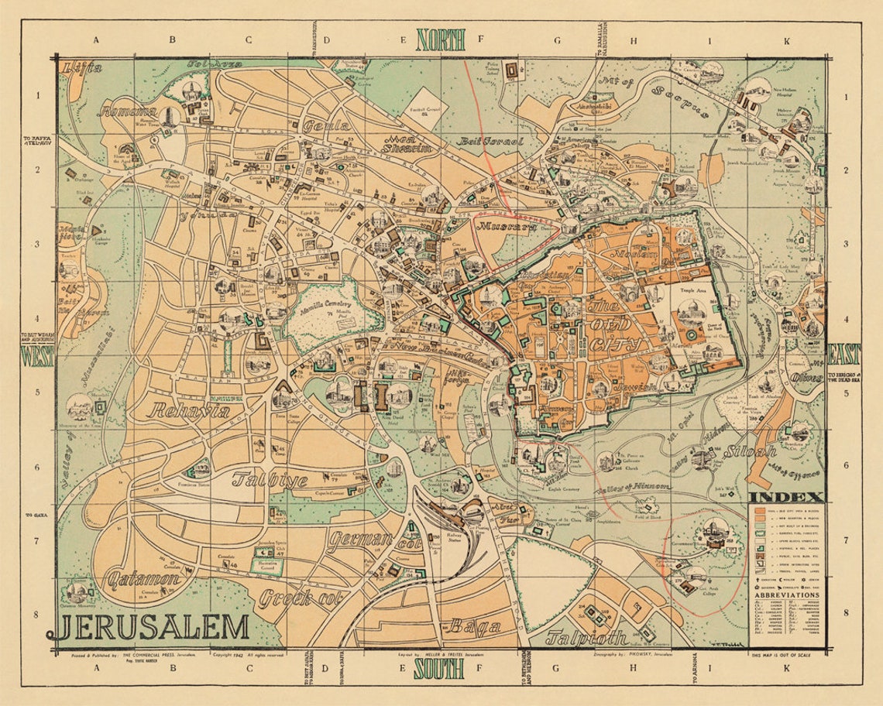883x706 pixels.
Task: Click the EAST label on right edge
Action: click(x=843, y=355)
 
